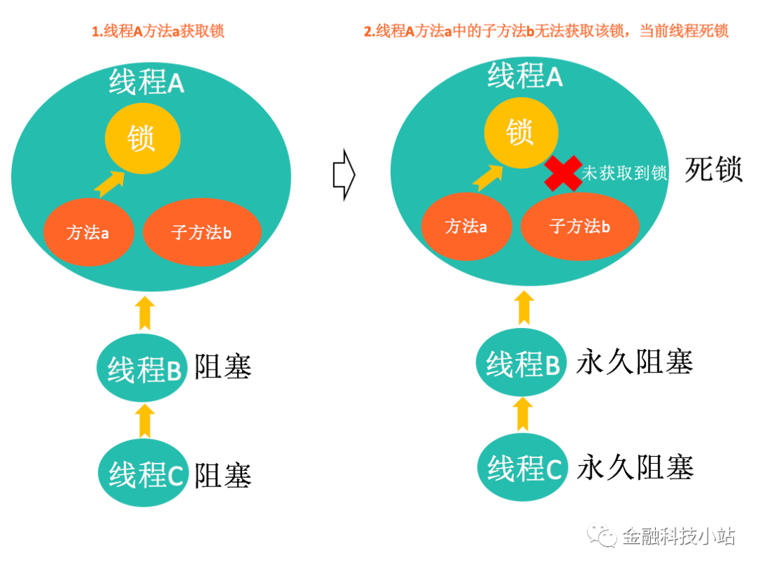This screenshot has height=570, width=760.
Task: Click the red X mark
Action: (562, 173)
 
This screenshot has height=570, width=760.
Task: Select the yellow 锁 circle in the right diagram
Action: (521, 132)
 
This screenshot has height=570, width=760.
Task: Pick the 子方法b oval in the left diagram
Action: (202, 233)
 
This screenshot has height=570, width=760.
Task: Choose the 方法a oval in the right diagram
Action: (467, 227)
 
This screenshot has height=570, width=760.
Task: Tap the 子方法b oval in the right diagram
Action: (580, 227)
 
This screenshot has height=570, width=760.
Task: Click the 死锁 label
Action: (714, 170)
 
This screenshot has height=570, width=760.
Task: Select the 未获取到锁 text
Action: (624, 173)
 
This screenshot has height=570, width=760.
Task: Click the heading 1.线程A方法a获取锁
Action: (158, 32)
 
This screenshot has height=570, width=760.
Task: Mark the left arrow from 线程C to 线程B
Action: (144, 420)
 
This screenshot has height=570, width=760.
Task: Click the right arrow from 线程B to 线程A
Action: (523, 309)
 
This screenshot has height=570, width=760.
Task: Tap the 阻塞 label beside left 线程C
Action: (223, 476)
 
